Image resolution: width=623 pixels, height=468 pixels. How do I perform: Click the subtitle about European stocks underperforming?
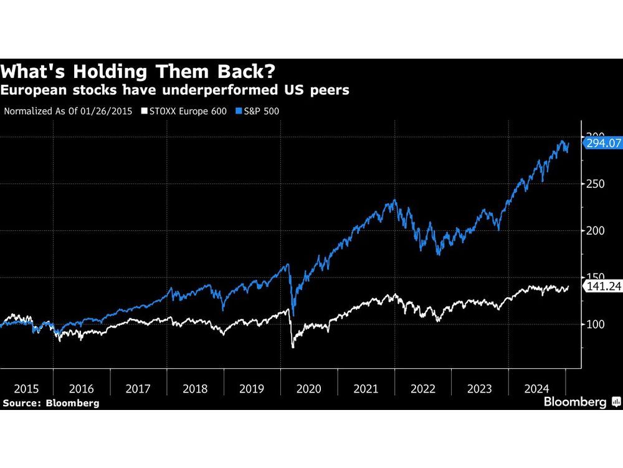pyautogui.click(x=175, y=90)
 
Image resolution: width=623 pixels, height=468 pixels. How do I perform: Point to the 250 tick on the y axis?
pyautogui.click(x=595, y=184)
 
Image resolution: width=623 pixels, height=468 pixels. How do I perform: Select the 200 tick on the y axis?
pyautogui.click(x=595, y=231)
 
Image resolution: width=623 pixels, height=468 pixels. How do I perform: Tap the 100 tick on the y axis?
pyautogui.click(x=595, y=324)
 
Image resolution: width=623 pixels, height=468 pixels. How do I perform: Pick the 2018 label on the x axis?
pyautogui.click(x=196, y=389)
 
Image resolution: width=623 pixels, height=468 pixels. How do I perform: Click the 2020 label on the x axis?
pyautogui.click(x=309, y=389)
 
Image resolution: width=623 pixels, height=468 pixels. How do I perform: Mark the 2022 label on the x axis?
pyautogui.click(x=424, y=389)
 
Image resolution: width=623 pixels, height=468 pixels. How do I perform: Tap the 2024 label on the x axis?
pyautogui.click(x=537, y=389)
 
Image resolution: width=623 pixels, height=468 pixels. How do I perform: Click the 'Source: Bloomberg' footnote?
pyautogui.click(x=50, y=403)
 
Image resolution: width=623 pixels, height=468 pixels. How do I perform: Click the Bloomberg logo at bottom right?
pyautogui.click(x=580, y=402)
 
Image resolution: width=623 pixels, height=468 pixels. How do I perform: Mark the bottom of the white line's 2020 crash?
pyautogui.click(x=293, y=347)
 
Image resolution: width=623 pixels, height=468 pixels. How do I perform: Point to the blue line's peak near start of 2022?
pyautogui.click(x=394, y=200)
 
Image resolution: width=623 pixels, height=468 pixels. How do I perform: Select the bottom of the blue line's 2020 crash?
pyautogui.click(x=293, y=315)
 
